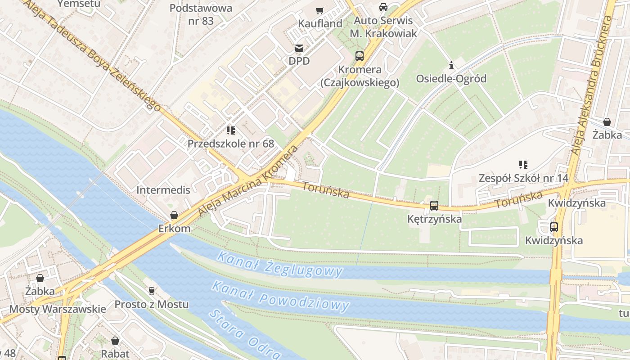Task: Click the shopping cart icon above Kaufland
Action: point(320,10)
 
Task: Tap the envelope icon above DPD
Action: point(299,48)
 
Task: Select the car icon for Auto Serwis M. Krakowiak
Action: point(383,7)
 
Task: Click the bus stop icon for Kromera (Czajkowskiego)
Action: point(359,56)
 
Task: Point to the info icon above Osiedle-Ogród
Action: point(451,66)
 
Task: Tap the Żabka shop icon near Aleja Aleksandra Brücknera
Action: point(607,122)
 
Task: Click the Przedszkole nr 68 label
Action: point(231,144)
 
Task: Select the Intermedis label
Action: point(163,190)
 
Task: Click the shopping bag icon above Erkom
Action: point(174,216)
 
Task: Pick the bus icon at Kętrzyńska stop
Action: point(434,206)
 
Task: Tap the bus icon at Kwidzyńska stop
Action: point(554,227)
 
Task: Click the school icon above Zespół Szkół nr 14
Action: point(523,165)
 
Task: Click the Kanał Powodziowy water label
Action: point(280,296)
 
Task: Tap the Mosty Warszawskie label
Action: point(58,309)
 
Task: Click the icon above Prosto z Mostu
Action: point(152,291)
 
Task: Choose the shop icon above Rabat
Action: point(115,341)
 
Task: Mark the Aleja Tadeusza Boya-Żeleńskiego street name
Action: point(92,54)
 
